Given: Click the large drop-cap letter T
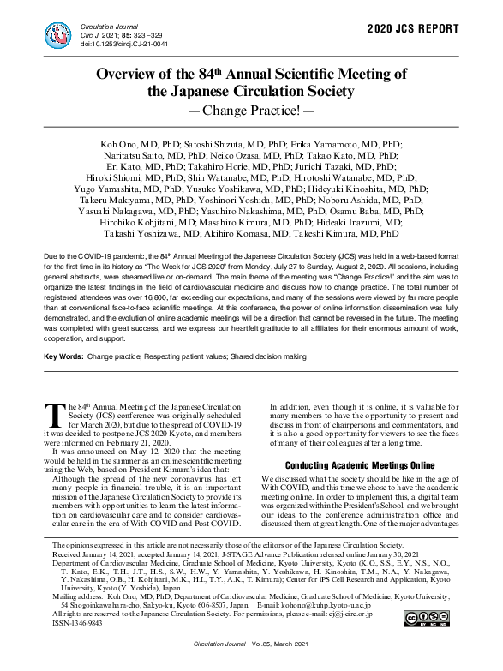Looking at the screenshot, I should point(53,414).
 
